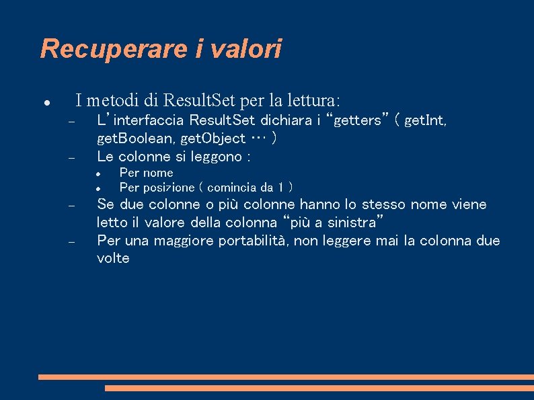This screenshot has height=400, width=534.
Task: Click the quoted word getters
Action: pos(357,120)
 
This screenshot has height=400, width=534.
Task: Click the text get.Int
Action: pos(425,121)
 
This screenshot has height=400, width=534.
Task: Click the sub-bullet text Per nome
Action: pos(146,173)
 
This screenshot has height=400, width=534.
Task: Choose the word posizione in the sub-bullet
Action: pos(171,188)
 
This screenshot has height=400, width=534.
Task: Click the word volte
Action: pos(113,259)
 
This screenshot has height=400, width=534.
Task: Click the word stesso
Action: pos(385,204)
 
